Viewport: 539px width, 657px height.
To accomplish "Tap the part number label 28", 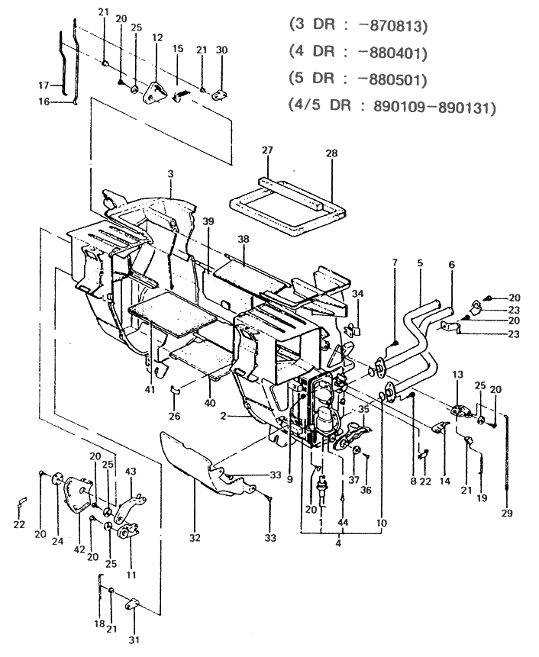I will click(331, 154).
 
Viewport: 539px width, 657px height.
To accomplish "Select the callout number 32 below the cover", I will click(195, 538).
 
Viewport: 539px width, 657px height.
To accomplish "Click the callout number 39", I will click(208, 221).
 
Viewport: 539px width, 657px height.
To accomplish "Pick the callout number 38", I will click(244, 238).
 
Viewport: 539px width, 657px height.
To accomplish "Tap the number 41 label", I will click(150, 390).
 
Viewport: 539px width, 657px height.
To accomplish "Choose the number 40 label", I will click(210, 402).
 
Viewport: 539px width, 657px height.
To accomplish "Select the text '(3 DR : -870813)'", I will click(359, 26).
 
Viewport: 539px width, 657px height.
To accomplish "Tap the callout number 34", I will click(358, 294).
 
